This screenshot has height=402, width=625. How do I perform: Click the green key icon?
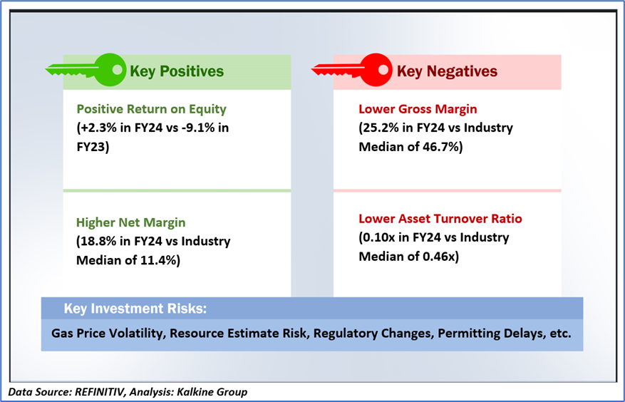coord(86,70)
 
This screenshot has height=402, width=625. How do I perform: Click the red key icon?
coord(351,70)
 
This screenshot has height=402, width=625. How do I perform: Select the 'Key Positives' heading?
coord(177,71)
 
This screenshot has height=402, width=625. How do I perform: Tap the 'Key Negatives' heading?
coord(447,71)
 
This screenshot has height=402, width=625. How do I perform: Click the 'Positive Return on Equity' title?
coord(152,109)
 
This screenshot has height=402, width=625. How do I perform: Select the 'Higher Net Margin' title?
coord(130,222)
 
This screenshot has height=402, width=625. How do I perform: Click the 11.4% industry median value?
coord(157,260)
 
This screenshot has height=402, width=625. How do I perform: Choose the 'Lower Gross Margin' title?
coord(418,109)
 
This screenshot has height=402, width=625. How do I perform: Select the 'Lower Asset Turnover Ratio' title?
coord(440,219)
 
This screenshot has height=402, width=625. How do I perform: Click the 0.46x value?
coord(438,257)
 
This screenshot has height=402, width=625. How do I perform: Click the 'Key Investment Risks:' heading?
coord(135,309)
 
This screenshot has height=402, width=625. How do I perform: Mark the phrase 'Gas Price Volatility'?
coord(108,334)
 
